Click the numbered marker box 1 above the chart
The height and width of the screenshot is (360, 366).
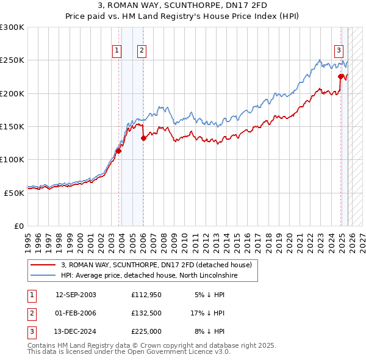click(117, 51)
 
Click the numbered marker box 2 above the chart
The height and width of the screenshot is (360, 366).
click(142, 51)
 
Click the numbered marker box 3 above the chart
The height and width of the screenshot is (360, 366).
click(339, 51)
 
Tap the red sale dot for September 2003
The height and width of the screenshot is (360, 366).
click(118, 151)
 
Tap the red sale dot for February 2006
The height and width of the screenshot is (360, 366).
click(143, 139)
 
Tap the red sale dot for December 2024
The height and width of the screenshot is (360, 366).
click(341, 76)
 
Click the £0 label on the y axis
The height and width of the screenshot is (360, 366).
click(18, 226)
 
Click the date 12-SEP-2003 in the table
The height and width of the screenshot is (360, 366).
click(76, 295)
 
